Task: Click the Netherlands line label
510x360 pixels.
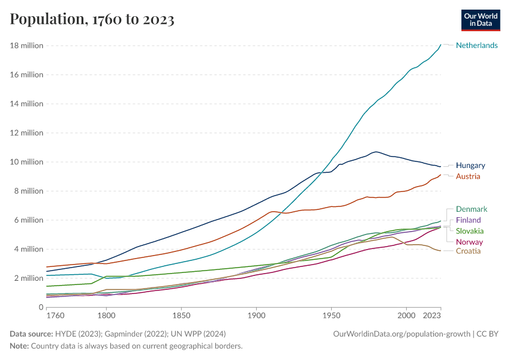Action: [x=476, y=46]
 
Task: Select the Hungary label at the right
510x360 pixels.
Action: [x=470, y=166]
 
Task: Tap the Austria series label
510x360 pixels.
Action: [x=468, y=176]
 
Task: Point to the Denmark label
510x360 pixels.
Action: [x=472, y=209]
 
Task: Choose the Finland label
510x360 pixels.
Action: [x=469, y=220]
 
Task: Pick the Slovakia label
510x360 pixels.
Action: [x=470, y=231]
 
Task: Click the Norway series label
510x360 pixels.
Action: [x=469, y=242]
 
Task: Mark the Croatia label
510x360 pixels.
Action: [x=468, y=251]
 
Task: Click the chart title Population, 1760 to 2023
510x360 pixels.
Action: [x=92, y=19]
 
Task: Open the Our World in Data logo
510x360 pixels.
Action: [x=480, y=20]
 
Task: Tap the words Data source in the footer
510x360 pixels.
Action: [x=31, y=334]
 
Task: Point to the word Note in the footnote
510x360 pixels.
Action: [x=19, y=346]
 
